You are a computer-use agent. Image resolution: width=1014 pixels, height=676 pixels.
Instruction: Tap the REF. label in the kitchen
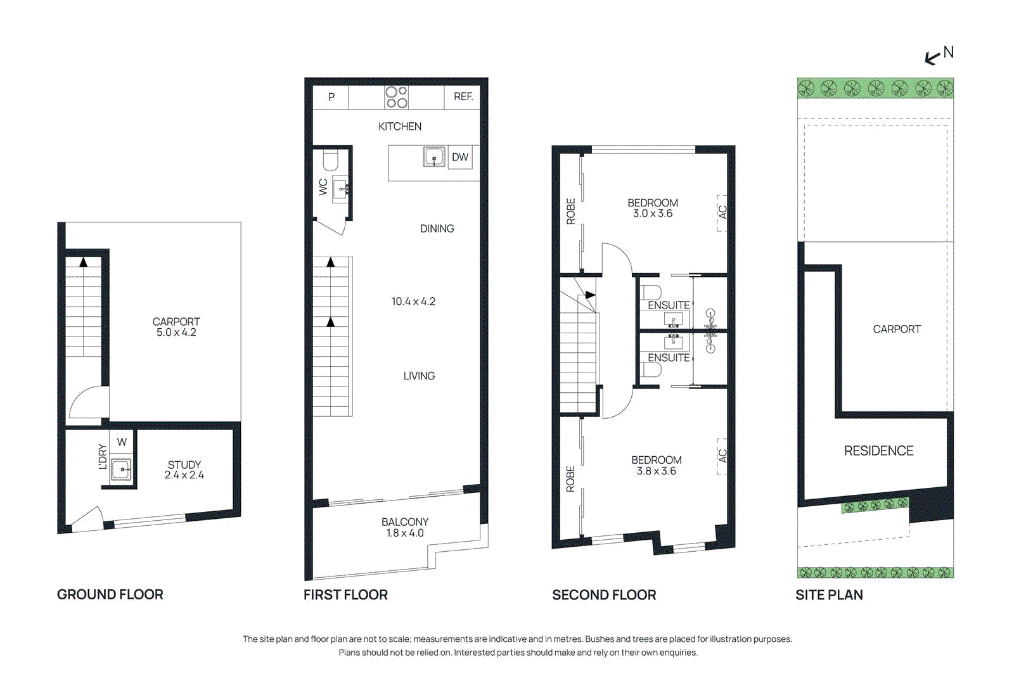pyautogui.click(x=463, y=97)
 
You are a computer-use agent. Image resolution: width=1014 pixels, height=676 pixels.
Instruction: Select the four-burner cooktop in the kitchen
pyautogui.click(x=397, y=98)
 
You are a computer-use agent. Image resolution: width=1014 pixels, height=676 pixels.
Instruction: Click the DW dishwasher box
pyautogui.click(x=460, y=157)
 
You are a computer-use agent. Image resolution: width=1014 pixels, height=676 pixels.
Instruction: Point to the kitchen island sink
pyautogui.click(x=434, y=156)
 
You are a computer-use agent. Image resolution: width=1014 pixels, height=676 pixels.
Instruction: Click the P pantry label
pyautogui.click(x=331, y=97)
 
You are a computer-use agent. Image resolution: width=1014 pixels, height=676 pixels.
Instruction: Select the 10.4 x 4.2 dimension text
pyautogui.click(x=413, y=302)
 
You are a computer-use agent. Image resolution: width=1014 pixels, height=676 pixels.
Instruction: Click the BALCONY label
pyautogui.click(x=405, y=521)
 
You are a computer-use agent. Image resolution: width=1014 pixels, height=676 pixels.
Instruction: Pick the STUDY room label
pyautogui.click(x=184, y=464)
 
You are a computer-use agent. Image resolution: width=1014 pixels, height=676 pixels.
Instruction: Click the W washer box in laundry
pyautogui.click(x=122, y=442)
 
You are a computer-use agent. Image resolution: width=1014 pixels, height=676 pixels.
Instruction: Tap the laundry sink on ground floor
pyautogui.click(x=120, y=469)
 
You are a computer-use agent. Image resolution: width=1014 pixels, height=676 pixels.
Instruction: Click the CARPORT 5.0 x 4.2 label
pyautogui.click(x=176, y=327)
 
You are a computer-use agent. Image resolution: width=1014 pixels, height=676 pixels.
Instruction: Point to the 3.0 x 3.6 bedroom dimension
pyautogui.click(x=653, y=214)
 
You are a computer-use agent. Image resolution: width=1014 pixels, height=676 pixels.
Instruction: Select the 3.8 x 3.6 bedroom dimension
pyautogui.click(x=657, y=471)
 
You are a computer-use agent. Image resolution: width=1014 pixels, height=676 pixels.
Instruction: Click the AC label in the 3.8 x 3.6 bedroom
pyautogui.click(x=722, y=456)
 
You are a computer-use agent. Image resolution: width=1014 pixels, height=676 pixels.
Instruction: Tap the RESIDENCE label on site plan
pyautogui.click(x=878, y=450)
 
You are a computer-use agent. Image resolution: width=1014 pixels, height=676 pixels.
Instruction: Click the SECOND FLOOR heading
pyautogui.click(x=604, y=595)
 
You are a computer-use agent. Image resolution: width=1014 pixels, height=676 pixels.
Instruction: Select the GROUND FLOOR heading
pyautogui.click(x=110, y=594)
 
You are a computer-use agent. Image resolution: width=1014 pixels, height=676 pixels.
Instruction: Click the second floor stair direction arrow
pyautogui.click(x=590, y=295)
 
